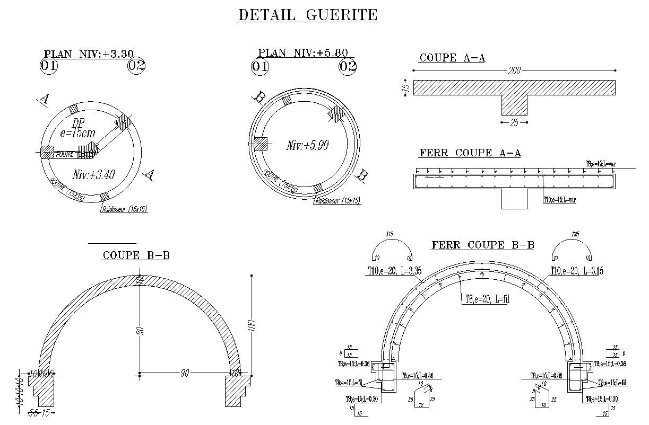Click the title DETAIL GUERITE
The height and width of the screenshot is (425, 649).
click(x=307, y=15)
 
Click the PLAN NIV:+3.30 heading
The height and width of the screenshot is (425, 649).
click(x=89, y=54)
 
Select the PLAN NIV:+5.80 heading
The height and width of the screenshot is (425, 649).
click(x=303, y=52)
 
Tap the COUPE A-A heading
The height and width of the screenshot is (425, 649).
click(x=452, y=58)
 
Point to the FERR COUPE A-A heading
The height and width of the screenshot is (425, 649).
click(x=470, y=153)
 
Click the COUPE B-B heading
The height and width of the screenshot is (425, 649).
click(x=136, y=255)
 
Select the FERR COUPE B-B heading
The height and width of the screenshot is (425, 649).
click(x=482, y=245)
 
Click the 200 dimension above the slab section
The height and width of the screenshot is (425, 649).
click(x=514, y=70)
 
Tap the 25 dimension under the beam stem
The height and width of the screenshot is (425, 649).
click(x=514, y=123)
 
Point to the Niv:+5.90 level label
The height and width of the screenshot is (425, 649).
click(x=307, y=145)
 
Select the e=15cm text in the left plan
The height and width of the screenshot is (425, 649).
click(x=77, y=134)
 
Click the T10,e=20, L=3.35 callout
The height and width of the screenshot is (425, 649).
click(x=395, y=271)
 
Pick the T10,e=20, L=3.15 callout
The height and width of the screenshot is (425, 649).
click(x=576, y=271)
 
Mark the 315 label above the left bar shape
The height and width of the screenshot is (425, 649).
click(x=390, y=234)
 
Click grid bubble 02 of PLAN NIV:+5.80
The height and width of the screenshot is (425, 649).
click(x=348, y=67)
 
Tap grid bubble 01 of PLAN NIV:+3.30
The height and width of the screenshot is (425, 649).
click(x=49, y=66)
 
